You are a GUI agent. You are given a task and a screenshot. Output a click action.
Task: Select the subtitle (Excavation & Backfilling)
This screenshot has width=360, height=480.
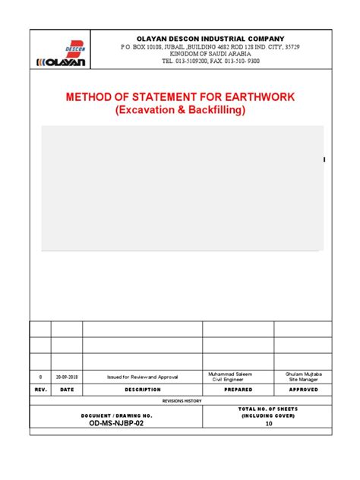[x=181, y=110]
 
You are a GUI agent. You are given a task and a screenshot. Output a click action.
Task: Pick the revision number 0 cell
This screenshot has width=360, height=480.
[x=40, y=377]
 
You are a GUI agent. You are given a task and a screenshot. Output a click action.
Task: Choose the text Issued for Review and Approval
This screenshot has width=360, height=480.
[x=142, y=377]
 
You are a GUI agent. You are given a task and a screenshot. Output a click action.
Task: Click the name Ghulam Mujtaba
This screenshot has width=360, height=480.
[x=302, y=374]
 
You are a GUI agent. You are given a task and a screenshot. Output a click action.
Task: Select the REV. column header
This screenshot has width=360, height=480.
[x=40, y=390]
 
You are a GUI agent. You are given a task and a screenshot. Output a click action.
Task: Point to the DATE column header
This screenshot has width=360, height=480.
[x=66, y=390]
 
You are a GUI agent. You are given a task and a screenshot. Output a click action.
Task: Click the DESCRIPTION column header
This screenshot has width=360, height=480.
[x=142, y=390]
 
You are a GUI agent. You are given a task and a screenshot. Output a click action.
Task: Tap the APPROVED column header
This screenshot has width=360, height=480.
[x=302, y=390]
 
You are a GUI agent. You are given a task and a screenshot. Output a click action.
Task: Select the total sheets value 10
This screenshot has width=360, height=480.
[x=268, y=425]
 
